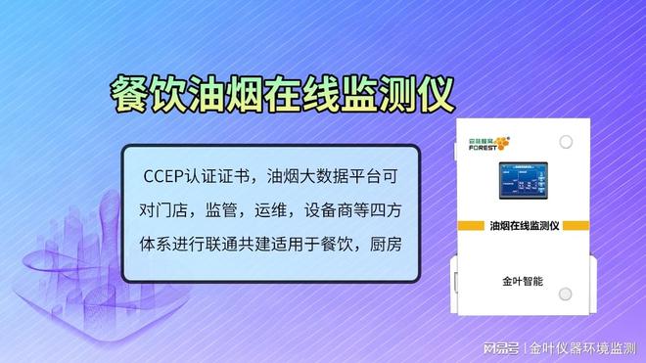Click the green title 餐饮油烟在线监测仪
(x=281, y=96)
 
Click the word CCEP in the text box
(x=162, y=178)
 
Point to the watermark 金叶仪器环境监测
(x=584, y=346)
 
